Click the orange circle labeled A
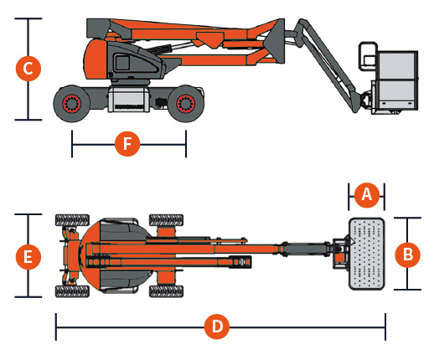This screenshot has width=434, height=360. [x=367, y=195]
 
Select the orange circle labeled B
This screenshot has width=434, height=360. [x=407, y=255]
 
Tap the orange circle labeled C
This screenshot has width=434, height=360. [x=28, y=69]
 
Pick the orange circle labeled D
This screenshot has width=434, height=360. [x=217, y=327]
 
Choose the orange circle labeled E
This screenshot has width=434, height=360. [x=28, y=257]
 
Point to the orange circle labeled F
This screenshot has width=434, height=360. [x=127, y=144]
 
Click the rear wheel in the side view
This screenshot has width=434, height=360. [x=72, y=104]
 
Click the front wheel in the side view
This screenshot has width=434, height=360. [x=185, y=104]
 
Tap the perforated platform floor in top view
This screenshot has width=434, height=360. [x=367, y=254]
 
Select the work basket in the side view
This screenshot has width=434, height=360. [x=395, y=83]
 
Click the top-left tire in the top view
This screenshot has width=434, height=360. [x=72, y=220]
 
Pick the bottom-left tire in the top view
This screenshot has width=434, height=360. [x=72, y=291]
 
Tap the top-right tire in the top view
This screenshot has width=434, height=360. [x=166, y=220]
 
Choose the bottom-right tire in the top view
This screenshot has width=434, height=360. [x=166, y=291]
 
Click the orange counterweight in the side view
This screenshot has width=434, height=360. [x=95, y=59]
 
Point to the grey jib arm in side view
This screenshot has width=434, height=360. [x=327, y=65]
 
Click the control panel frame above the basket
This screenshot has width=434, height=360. [x=368, y=56]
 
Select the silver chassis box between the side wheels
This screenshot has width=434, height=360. [x=129, y=100]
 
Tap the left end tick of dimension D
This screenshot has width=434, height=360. [x=56, y=327]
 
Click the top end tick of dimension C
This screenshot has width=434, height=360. [x=28, y=18]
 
